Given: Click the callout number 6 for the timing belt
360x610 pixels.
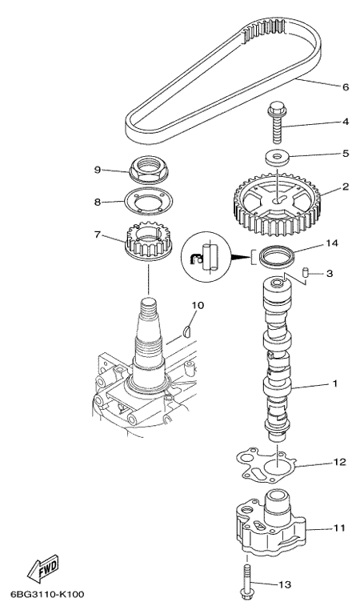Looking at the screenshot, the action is tap(346, 87).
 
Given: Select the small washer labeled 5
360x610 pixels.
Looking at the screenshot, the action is tap(277, 158).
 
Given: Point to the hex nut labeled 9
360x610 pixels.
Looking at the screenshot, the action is tap(146, 169).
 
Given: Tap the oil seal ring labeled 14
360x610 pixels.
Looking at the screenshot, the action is tap(277, 256).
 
